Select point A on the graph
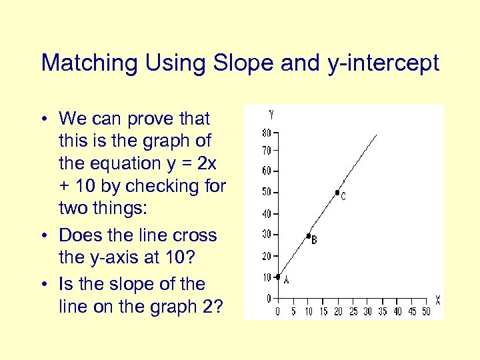click(x=277, y=277)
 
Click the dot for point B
click(x=308, y=236)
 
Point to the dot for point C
click(x=338, y=193)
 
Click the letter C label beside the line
click(x=343, y=197)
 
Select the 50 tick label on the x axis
click(x=426, y=311)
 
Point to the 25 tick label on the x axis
click(x=353, y=311)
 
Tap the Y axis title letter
click(x=271, y=114)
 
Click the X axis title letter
click(x=437, y=300)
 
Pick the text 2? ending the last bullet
click(x=215, y=306)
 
